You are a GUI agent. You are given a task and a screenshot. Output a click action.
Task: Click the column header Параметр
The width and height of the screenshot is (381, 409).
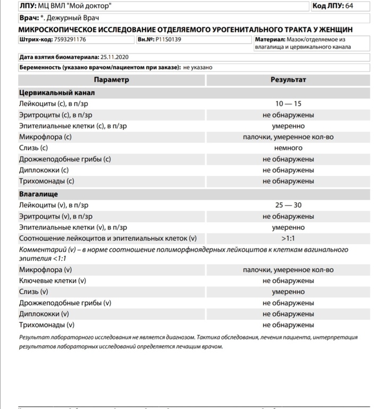(111, 80)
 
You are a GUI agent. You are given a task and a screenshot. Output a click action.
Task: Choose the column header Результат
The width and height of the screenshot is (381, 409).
(288, 80)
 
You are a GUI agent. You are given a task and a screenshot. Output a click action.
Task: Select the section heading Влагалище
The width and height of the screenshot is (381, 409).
(38, 194)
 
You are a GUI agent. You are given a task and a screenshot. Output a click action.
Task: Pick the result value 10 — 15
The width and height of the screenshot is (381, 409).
(288, 104)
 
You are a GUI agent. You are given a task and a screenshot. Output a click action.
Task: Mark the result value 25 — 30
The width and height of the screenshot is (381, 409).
(288, 205)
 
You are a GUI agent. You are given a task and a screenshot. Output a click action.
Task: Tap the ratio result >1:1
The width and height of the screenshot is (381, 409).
(288, 238)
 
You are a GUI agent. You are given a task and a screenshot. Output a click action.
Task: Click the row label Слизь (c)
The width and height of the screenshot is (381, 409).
(33, 148)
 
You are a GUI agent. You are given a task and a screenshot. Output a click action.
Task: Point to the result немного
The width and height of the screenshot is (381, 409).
(288, 148)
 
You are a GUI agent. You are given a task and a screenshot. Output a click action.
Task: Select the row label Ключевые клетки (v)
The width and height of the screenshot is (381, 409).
(53, 280)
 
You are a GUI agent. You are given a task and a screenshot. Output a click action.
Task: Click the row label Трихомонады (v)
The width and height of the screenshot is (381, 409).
(47, 325)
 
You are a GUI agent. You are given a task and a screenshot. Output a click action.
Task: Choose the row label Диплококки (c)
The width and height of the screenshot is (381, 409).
(44, 171)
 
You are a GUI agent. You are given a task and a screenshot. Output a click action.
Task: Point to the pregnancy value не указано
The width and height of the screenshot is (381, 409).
(198, 68)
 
